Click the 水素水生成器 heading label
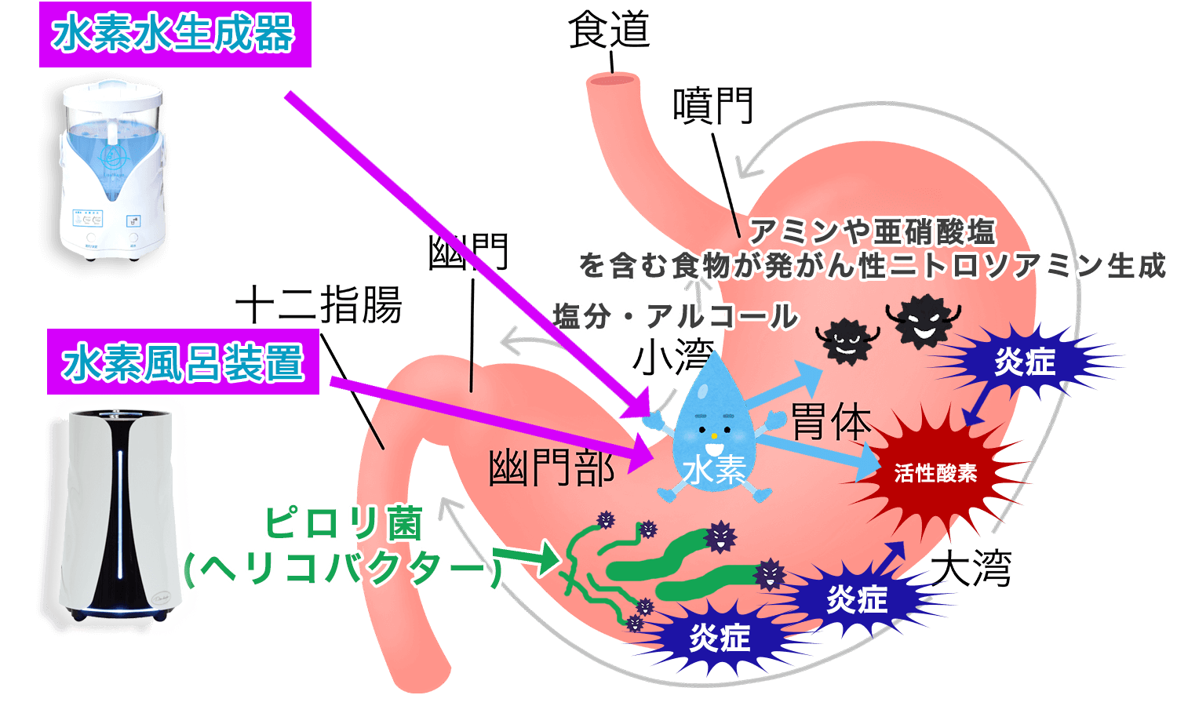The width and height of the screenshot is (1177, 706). point(175,35)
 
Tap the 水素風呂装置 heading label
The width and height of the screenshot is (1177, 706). point(183,362)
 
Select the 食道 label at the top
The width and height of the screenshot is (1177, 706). point(610,31)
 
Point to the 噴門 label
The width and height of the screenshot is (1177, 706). point(713,106)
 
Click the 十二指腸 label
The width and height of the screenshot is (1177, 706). point(319,304)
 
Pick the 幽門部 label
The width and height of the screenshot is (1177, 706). point(552,468)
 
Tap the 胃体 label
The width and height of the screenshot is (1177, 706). point(831,421)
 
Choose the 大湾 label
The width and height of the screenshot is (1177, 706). point(971,568)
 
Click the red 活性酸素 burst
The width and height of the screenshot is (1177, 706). point(935,473)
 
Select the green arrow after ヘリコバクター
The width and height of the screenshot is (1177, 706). point(526,559)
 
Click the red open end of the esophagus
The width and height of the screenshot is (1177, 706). point(613,80)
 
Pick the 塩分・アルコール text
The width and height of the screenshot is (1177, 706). point(675,316)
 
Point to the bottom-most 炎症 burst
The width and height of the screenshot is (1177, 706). point(720,639)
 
